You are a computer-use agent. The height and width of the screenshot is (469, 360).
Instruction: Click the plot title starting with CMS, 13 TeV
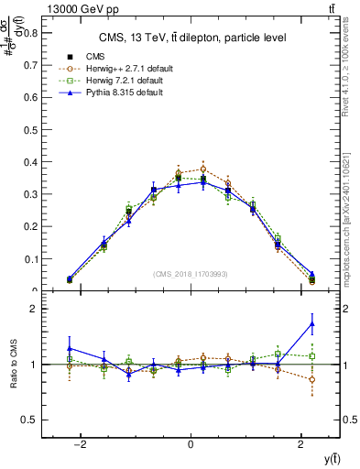(190, 38)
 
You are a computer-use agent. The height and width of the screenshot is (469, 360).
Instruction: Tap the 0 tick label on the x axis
(191, 444)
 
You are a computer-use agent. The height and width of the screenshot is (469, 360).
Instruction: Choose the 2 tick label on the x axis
(301, 444)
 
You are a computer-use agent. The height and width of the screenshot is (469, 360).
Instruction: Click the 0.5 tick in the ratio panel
(31, 420)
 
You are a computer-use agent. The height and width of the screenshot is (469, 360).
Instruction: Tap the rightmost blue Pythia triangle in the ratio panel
(312, 323)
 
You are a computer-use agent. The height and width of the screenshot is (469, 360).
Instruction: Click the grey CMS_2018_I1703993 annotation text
(190, 274)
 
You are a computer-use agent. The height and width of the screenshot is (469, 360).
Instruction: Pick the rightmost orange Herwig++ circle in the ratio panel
(312, 379)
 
